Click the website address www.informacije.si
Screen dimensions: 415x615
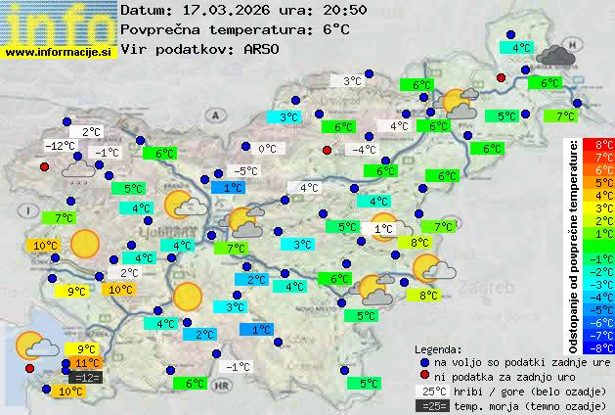tap(59, 51)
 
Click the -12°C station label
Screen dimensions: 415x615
tap(61, 146)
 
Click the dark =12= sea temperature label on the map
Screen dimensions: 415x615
tap(86, 378)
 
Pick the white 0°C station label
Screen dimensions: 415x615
tap(267, 149)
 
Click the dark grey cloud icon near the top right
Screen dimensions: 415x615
tap(554, 55)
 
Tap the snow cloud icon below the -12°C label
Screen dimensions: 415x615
tap(77, 171)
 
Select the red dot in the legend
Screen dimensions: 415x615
tap(424, 377)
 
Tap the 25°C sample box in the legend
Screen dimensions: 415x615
tap(429, 392)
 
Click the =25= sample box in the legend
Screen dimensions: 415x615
tap(429, 405)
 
